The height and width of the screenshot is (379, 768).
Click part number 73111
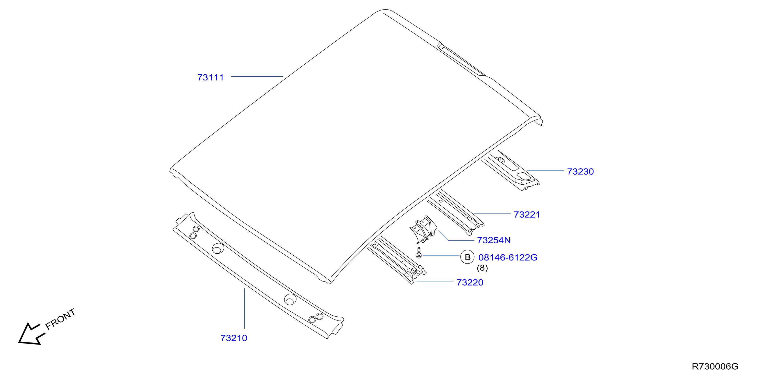[211, 77]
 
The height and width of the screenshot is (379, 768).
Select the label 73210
[234, 338]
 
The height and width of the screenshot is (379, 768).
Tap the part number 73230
[580, 172]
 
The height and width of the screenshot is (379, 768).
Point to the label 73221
[527, 215]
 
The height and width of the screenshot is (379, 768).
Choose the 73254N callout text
[494, 240]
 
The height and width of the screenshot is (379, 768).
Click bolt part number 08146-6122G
[508, 257]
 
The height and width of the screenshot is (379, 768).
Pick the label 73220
[470, 282]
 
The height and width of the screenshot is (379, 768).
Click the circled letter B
[467, 257]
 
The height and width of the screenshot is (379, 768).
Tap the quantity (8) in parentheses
[482, 268]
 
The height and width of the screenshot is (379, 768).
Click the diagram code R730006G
[715, 366]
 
